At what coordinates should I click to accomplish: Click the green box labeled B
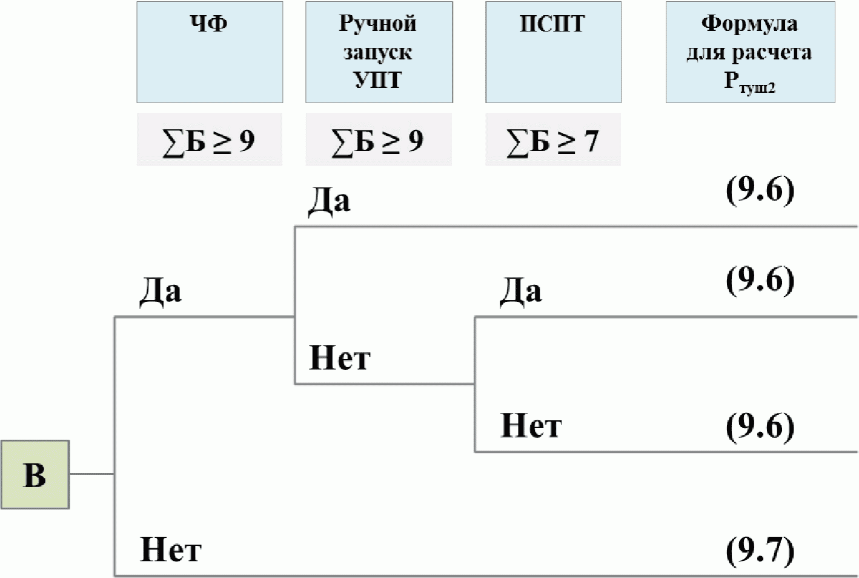point(35,474)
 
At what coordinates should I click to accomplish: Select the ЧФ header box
point(210,52)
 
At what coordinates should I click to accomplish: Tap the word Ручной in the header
point(377,24)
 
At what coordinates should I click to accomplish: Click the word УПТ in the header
point(377,79)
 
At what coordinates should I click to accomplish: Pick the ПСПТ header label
point(552,24)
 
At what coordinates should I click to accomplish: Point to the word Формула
point(749,24)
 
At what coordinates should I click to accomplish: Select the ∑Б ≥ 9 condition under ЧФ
point(209,140)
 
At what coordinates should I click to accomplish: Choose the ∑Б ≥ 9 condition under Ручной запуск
point(378,140)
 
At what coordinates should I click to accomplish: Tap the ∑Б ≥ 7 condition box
point(552,140)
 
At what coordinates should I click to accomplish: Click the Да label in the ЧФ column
point(161,291)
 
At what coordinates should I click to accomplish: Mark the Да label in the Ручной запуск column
point(329,201)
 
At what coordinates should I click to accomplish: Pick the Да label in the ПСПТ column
point(520,291)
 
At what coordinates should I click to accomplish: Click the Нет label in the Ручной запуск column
point(339,357)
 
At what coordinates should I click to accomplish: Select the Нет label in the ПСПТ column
point(531,425)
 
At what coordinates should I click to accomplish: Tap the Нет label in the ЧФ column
point(170,549)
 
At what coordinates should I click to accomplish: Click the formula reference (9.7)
point(760,549)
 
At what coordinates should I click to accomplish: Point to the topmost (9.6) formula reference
point(760,190)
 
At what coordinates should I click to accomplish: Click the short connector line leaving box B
point(91,474)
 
